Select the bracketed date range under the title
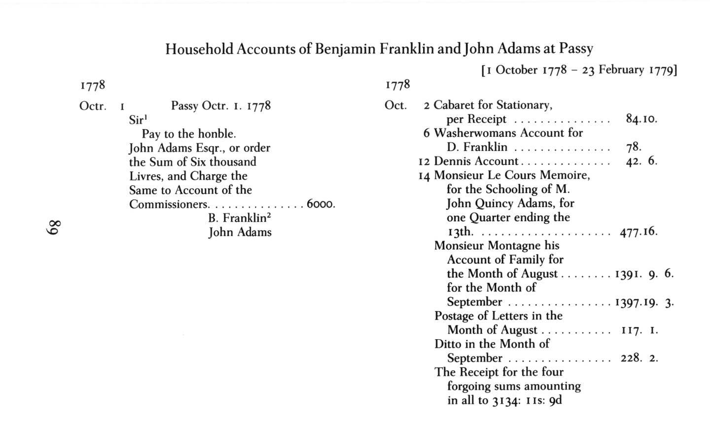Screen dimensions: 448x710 579,70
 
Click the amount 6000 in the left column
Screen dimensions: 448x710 320,204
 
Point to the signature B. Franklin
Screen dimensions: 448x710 239,218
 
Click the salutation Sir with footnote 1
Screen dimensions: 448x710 138,120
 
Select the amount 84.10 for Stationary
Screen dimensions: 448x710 641,119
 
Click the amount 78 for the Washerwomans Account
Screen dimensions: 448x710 633,147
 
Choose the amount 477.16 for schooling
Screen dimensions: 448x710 639,231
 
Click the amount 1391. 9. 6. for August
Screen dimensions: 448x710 644,274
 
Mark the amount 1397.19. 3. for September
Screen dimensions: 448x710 644,302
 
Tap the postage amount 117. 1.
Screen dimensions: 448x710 639,330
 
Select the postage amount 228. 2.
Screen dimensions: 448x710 639,358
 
